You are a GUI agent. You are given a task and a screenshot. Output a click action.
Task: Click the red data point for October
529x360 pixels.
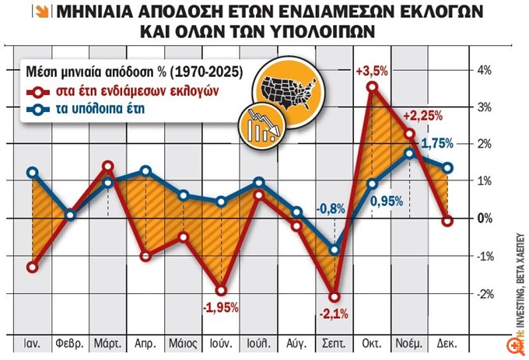372,86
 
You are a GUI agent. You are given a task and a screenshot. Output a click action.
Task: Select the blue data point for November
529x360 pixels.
410,152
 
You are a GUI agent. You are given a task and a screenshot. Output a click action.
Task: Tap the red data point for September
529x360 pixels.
335,296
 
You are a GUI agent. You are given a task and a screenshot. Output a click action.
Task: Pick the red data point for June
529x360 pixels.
221,291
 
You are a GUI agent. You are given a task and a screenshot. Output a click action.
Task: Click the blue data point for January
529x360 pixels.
32,173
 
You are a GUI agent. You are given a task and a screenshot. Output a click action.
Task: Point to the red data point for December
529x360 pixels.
447,221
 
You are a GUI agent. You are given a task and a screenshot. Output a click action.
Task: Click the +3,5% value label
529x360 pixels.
372,71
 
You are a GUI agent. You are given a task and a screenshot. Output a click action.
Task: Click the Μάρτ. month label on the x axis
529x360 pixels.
107,342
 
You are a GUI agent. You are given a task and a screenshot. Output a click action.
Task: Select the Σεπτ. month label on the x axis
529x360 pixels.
335,342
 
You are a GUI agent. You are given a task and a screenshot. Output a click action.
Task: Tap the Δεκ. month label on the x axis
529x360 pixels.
448,342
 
